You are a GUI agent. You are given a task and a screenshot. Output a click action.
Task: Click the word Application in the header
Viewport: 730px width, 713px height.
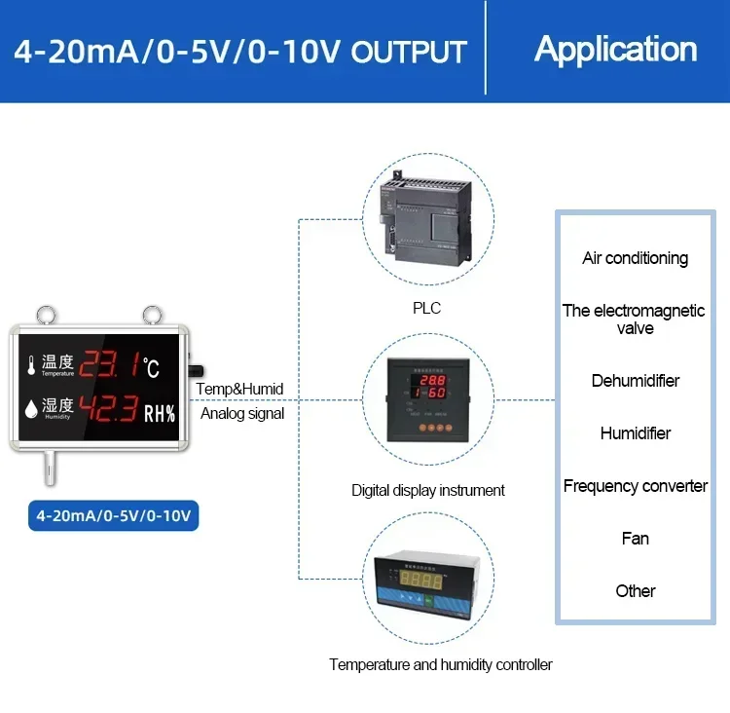(615, 49)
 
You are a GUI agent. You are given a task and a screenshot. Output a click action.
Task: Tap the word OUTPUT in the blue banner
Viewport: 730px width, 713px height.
(409, 51)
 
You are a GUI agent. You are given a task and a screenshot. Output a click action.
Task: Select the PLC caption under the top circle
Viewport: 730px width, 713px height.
(426, 308)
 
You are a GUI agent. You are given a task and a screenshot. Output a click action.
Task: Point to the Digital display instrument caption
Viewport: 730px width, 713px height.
(428, 490)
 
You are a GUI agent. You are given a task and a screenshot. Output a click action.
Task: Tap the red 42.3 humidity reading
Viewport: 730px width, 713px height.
(108, 408)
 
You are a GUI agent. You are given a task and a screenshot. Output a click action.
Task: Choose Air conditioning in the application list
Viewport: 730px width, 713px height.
(635, 258)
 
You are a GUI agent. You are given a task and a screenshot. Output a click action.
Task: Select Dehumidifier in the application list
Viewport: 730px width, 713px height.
(635, 380)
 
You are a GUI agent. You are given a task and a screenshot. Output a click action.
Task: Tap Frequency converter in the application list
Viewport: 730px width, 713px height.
(635, 485)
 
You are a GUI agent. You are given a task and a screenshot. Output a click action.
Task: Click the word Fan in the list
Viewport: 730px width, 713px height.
(635, 538)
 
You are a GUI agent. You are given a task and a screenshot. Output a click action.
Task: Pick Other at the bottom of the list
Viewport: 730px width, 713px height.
(635, 590)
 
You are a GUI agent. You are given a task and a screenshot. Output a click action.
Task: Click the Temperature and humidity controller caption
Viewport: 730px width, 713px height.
(440, 664)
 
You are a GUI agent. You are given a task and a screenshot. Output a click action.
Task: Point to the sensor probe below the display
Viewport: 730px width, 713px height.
(45, 470)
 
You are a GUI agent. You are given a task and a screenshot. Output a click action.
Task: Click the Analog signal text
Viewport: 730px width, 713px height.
(242, 413)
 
